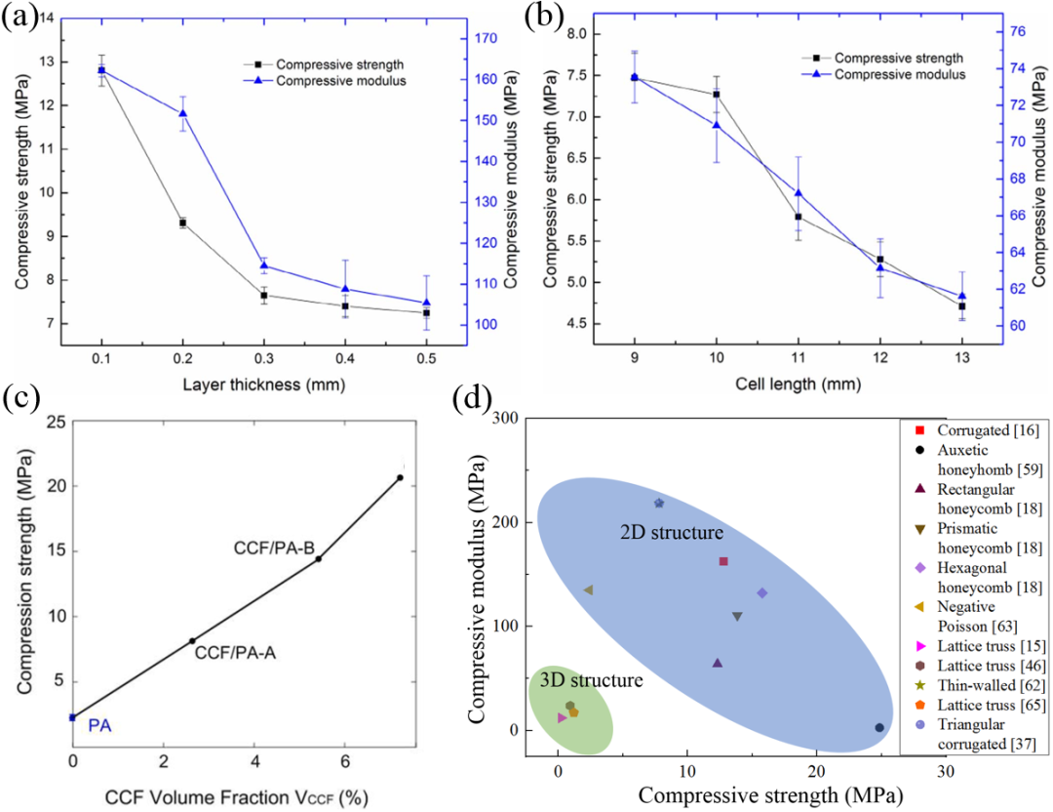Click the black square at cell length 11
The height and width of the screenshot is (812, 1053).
point(799,217)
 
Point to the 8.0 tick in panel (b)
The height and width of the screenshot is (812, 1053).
point(578,33)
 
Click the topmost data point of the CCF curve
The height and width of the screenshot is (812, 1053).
point(400,477)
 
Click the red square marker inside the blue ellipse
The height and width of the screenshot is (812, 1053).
point(723,561)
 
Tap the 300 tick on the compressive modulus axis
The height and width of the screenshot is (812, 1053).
point(506,418)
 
